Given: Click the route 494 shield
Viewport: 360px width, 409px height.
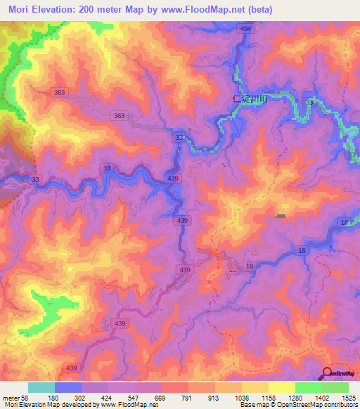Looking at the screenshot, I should click(245, 29).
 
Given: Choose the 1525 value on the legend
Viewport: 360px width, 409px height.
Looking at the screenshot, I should click(349, 398).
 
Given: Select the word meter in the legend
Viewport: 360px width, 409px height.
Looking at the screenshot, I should click(11, 398).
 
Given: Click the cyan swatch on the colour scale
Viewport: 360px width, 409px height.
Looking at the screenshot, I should click(41, 387).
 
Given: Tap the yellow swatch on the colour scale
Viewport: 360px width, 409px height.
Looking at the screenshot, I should click(281, 387).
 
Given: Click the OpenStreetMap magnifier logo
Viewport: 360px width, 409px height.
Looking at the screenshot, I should click(327, 373).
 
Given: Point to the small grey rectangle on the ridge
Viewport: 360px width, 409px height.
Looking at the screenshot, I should click(281, 216).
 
